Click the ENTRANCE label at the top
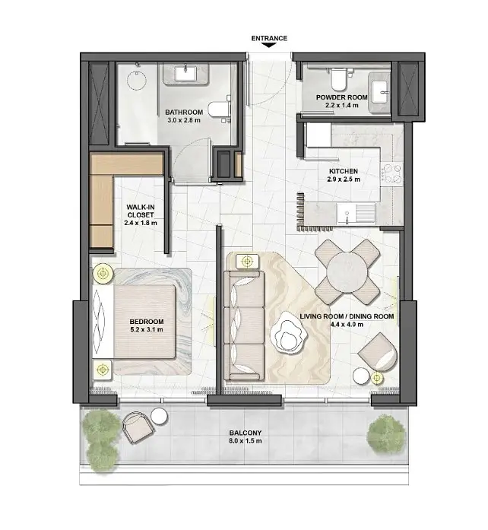click(269, 38)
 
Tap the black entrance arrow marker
click(269, 46)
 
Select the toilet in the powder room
click(338, 79)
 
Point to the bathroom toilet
click(219, 109)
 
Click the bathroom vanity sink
click(185, 74)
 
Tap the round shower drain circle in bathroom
click(137, 80)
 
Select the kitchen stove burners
click(391, 174)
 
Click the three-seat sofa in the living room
click(244, 325)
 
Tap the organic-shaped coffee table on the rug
click(288, 333)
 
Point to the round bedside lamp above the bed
click(103, 273)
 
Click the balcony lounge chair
click(138, 427)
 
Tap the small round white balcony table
click(159, 416)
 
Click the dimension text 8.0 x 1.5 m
click(245, 441)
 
